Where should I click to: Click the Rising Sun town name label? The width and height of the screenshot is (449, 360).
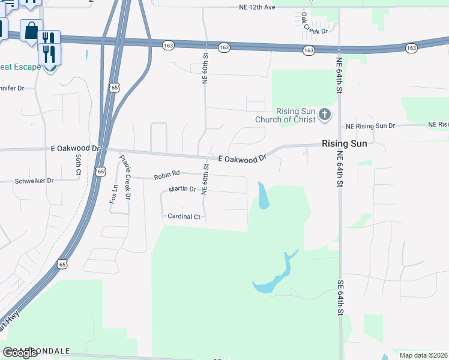(344, 144)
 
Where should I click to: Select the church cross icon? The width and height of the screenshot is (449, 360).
(324, 114)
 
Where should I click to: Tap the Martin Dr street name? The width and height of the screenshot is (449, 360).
(182, 190)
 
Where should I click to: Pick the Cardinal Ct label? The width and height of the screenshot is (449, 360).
(184, 216)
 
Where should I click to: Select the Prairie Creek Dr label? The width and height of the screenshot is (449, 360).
(125, 176)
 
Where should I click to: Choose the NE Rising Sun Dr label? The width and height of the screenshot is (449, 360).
(370, 126)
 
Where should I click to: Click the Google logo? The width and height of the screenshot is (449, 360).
(20, 353)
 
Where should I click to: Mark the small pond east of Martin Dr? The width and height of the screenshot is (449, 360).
(263, 196)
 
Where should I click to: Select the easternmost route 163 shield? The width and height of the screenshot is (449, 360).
(411, 47)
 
